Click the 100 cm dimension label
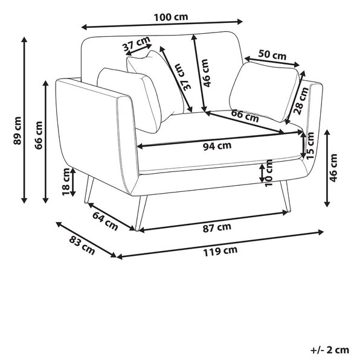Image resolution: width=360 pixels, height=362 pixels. pos(171,17)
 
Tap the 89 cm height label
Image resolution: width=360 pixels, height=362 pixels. pos(18,131)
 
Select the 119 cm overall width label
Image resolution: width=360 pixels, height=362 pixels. pos(220,251)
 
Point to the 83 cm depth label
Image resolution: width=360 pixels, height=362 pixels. pos(82,245)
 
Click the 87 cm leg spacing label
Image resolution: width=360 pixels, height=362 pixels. pos(217,227)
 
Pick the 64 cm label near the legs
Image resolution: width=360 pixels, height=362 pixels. pos(105,221)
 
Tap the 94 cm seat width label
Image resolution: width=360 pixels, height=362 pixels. pos(217,145)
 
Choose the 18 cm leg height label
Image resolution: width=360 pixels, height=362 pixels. pos(66,182)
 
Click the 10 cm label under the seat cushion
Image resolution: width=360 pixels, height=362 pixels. pos(269,173)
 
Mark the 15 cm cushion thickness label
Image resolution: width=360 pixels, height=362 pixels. pos(310,145)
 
